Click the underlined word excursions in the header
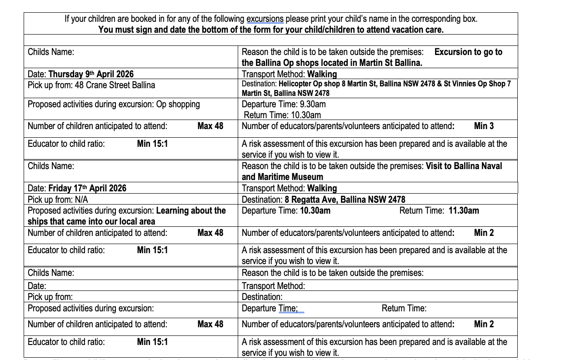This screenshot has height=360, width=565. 265,19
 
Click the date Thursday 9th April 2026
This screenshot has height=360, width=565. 91,74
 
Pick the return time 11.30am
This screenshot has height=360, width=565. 464,210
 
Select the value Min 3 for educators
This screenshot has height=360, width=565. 484,126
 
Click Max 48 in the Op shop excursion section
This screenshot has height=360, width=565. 210,126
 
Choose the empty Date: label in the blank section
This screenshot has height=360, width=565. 37,286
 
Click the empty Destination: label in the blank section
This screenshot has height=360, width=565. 262,297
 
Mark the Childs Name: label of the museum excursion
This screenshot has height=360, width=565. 50,166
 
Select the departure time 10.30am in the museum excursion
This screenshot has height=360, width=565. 315,210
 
